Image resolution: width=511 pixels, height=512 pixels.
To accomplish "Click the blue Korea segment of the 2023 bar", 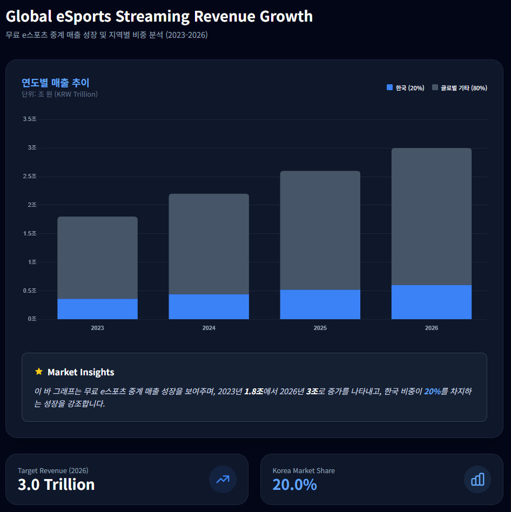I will pyautogui.click(x=97, y=309).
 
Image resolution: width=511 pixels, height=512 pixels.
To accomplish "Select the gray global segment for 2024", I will pyautogui.click(x=209, y=244).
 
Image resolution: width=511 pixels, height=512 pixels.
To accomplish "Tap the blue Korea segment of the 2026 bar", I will pyautogui.click(x=431, y=302).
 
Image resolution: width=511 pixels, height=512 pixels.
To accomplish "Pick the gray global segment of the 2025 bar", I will pyautogui.click(x=320, y=231).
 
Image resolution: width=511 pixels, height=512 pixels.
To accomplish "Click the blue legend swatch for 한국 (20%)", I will pyautogui.click(x=389, y=87).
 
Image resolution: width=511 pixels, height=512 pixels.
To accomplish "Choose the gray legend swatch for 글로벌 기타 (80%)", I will pyautogui.click(x=435, y=87).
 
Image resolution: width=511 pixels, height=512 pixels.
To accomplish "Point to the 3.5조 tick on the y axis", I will pyautogui.click(x=30, y=119).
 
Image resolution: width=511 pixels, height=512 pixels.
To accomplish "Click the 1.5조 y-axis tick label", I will pyautogui.click(x=30, y=233).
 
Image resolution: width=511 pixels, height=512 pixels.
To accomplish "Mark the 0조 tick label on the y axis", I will pyautogui.click(x=32, y=319).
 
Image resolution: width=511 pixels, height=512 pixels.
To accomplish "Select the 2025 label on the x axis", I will pyautogui.click(x=320, y=328).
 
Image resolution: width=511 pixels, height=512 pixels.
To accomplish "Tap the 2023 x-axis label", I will pyautogui.click(x=97, y=328).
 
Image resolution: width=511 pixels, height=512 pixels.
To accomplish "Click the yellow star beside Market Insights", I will pyautogui.click(x=38, y=372).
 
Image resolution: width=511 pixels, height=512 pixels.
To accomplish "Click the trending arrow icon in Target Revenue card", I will pyautogui.click(x=223, y=479).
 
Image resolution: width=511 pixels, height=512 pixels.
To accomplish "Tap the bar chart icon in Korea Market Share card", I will pyautogui.click(x=478, y=479).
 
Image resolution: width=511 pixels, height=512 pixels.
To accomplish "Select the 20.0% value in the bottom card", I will pyautogui.click(x=294, y=484).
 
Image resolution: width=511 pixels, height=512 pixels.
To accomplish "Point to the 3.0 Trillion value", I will pyautogui.click(x=56, y=484).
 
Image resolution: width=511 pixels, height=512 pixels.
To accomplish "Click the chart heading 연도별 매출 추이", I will pyautogui.click(x=55, y=83).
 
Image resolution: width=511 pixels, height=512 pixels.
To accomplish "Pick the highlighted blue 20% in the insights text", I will pyautogui.click(x=432, y=391).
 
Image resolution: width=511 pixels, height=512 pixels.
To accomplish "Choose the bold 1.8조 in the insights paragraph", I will pyautogui.click(x=253, y=391).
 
